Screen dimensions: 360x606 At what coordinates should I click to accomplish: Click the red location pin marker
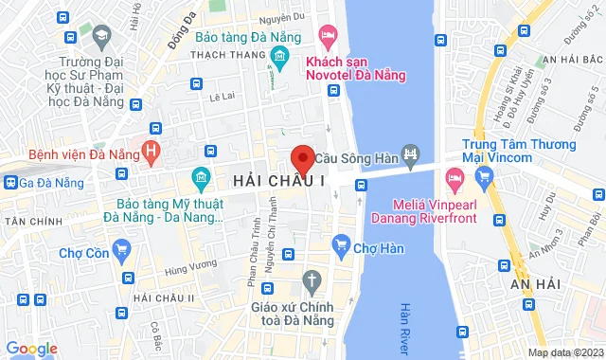tap(302, 158)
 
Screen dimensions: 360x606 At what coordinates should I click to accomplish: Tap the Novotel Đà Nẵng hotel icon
tap(329, 39)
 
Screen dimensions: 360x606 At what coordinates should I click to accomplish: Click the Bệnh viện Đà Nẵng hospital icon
tap(149, 150)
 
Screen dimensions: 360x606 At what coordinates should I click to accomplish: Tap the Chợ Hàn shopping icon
tap(341, 249)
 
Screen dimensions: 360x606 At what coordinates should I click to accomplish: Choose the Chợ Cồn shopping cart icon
tap(120, 250)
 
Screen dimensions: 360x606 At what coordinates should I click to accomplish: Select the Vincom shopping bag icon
tap(485, 175)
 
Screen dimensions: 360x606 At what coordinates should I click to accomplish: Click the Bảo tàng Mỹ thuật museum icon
tap(201, 178)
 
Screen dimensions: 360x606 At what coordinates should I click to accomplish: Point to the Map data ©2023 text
tap(564, 353)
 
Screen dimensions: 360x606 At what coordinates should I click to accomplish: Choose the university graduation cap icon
tap(99, 35)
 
